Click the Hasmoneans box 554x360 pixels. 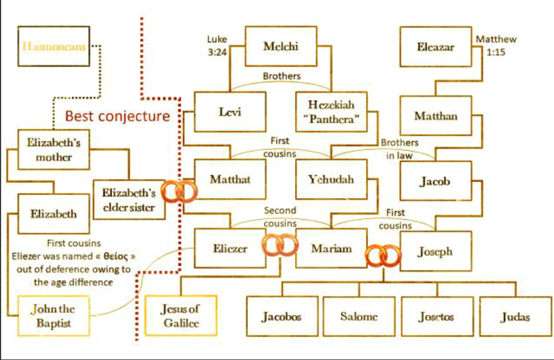coord(54,47)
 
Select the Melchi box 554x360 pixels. coord(281,47)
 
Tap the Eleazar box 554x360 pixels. coord(436,47)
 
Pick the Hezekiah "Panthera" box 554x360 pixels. coord(331,112)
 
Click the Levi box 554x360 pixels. coord(230,112)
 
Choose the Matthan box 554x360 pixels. coord(436,116)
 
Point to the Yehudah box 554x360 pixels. coord(331,179)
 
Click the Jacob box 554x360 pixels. coord(436,181)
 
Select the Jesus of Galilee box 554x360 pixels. coord(181,316)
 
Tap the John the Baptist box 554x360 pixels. coord(54,316)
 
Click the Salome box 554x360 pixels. coord(359,317)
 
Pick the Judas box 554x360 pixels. coord(515,317)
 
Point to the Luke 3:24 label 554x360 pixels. coord(217,46)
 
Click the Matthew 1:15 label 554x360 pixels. coord(496,46)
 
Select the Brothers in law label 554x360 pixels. coord(400,149)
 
